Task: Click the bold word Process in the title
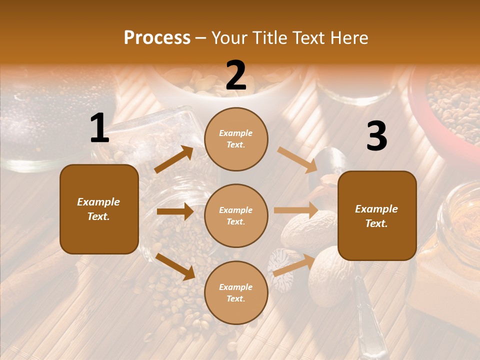pyautogui.click(x=157, y=38)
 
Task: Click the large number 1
pyautogui.click(x=99, y=129)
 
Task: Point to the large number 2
pyautogui.click(x=236, y=76)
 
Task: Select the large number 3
pyautogui.click(x=376, y=136)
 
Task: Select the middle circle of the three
pyautogui.click(x=236, y=215)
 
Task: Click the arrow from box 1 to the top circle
pyautogui.click(x=174, y=159)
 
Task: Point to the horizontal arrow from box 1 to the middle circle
pyautogui.click(x=175, y=211)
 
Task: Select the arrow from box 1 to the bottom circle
pyautogui.click(x=175, y=266)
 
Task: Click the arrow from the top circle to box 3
pyautogui.click(x=297, y=159)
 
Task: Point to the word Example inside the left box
pyautogui.click(x=98, y=202)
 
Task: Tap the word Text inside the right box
pyautogui.click(x=376, y=223)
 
